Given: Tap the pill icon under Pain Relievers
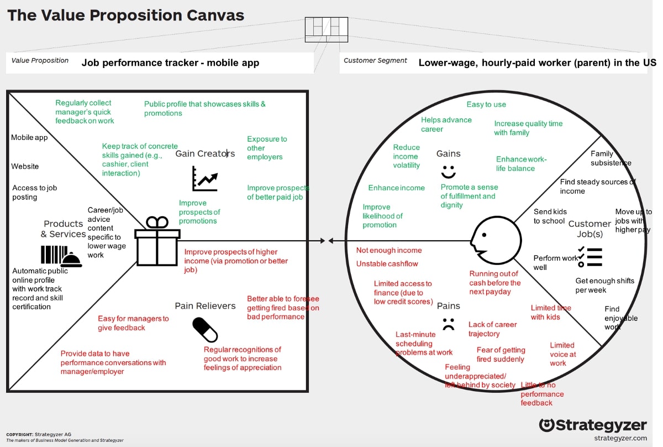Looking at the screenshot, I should pyautogui.click(x=205, y=330).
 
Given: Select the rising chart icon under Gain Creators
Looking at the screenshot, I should pyautogui.click(x=204, y=179).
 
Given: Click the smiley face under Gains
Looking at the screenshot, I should pyautogui.click(x=448, y=169).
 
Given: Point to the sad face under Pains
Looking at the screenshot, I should pyautogui.click(x=448, y=324).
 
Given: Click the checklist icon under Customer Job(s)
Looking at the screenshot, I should pyautogui.click(x=590, y=257).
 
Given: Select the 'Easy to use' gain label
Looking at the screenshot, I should pyautogui.click(x=486, y=105).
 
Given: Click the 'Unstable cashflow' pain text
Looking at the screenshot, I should pyautogui.click(x=387, y=264).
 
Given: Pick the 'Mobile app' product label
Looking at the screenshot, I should pyautogui.click(x=29, y=138).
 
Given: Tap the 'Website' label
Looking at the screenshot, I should pyautogui.click(x=25, y=167).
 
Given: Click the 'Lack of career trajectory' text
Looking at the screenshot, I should pyautogui.click(x=492, y=329).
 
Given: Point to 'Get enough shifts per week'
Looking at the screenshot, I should pyautogui.click(x=604, y=285).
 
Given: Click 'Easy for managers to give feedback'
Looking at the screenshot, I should pyautogui.click(x=133, y=323).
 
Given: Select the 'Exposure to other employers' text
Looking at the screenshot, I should pyautogui.click(x=267, y=148).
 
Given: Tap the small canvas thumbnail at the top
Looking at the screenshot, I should pyautogui.click(x=327, y=29).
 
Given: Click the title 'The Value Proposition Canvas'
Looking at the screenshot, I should pyautogui.click(x=125, y=15).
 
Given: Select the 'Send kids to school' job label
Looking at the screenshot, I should pyautogui.click(x=550, y=216).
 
